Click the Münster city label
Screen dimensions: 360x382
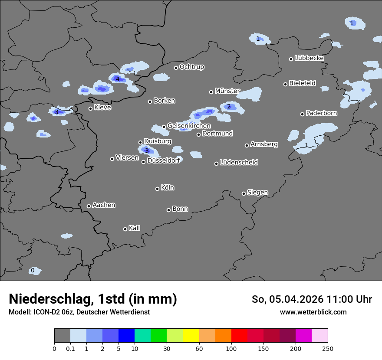227,91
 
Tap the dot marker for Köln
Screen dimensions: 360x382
157,189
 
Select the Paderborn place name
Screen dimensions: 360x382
322,114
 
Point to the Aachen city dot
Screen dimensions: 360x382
89,206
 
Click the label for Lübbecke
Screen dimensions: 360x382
310,58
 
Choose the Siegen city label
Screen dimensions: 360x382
257,193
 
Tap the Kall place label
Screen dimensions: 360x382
135,228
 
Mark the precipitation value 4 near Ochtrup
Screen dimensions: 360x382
117,79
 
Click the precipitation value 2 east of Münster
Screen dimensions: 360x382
229,107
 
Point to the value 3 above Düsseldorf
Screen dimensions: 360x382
147,151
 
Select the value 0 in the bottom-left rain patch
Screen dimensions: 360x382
33,271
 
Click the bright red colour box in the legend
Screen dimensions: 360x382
239,336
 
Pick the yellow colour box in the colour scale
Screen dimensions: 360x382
191,336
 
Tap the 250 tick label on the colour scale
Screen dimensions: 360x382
328,348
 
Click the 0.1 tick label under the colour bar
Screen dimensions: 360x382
70,348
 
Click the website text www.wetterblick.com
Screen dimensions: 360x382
313,312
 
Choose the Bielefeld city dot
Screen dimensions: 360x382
285,84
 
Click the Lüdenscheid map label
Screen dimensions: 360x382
239,163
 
